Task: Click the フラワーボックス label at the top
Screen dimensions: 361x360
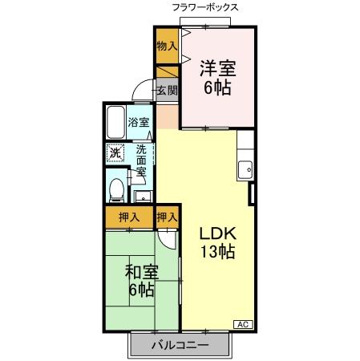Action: click(204, 7)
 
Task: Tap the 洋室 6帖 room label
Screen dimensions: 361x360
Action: click(216, 78)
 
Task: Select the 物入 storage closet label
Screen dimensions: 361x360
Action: click(167, 46)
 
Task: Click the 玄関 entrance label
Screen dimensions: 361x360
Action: click(167, 90)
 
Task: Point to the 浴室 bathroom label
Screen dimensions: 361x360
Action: click(139, 122)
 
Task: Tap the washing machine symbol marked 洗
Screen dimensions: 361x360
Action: click(115, 152)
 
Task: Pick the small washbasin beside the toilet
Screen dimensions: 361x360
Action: click(143, 195)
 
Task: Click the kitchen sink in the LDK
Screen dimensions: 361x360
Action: click(245, 170)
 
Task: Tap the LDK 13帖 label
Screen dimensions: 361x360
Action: click(216, 242)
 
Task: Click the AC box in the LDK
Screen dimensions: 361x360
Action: click(242, 323)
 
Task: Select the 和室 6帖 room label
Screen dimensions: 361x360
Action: click(141, 280)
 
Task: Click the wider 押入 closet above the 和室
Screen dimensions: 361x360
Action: click(128, 217)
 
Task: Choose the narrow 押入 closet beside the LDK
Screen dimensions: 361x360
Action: click(167, 217)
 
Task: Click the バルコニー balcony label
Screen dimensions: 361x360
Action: click(180, 346)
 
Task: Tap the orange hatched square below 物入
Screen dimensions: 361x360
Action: click(167, 71)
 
